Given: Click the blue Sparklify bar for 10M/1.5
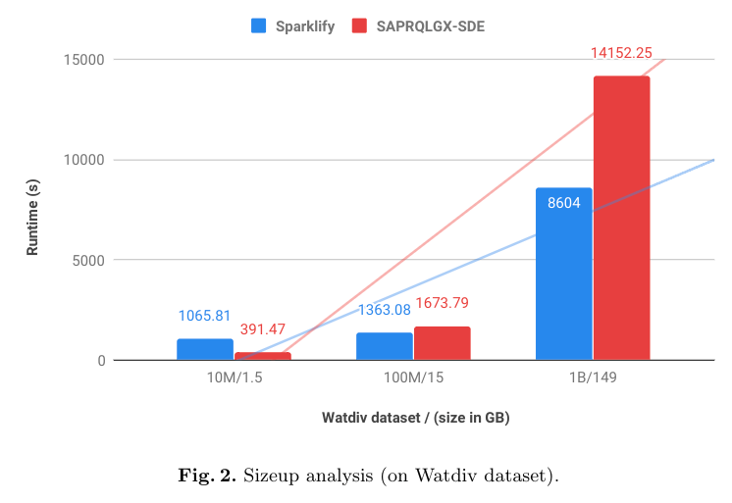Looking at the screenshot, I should pos(205,349).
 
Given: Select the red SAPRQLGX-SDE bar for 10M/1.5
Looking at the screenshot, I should pos(262,356).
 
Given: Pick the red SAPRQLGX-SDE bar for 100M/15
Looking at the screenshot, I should pos(442,343).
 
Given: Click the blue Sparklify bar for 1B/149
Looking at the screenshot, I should pos(564,274).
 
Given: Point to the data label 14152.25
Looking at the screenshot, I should pos(621,53).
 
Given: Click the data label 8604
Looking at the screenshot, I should pos(564,203).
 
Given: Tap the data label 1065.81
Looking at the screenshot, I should pos(204,316).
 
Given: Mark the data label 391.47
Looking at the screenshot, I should pos(262,329).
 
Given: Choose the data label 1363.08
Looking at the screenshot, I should pos(384,310).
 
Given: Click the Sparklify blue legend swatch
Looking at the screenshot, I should pos(259,26).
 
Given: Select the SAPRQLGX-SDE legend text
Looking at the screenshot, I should pos(430,26).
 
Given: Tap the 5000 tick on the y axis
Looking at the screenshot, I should pos(87,261).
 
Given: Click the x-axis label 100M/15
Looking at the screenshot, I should pos(413,377).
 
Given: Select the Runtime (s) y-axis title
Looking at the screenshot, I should pos(32,211).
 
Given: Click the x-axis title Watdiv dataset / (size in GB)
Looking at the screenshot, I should pos(415,418).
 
